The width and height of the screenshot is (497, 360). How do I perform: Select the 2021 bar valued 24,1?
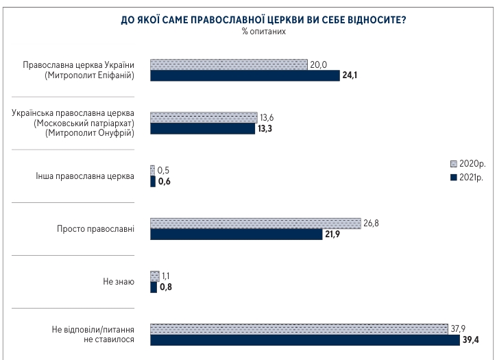(x=245, y=75)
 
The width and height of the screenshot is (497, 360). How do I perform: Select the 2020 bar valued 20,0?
(x=228, y=64)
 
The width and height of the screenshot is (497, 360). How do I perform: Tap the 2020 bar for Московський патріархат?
(x=204, y=117)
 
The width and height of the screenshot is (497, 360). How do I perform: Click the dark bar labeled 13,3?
(x=202, y=128)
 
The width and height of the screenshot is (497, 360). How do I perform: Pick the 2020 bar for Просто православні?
(x=255, y=223)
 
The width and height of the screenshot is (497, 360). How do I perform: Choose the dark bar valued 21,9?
(x=236, y=234)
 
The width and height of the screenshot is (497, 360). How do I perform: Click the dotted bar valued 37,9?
(x=298, y=328)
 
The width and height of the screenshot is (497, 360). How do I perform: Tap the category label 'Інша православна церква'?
(x=84, y=176)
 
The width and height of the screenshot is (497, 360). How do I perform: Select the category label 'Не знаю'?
(x=119, y=282)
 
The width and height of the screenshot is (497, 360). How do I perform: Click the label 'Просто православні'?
(x=95, y=229)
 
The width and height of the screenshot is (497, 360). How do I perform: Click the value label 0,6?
(x=165, y=182)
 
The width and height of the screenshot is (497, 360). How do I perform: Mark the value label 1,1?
(x=167, y=275)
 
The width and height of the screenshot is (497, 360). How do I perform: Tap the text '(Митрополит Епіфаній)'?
(x=89, y=75)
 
